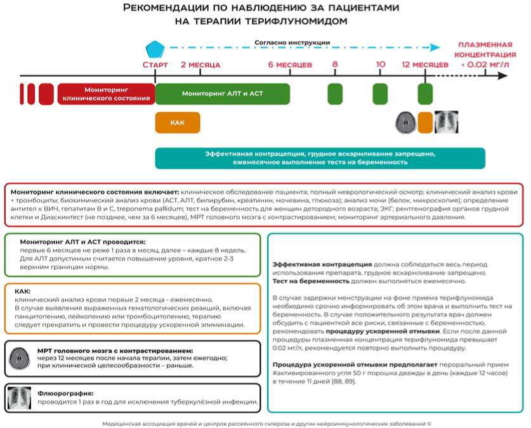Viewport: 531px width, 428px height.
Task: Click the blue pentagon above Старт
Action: [x=155, y=49]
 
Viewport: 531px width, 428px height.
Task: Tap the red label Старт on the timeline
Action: [x=155, y=65]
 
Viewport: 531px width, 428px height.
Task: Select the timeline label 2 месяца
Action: [x=200, y=65]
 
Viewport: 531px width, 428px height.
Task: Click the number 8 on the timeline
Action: [x=334, y=65]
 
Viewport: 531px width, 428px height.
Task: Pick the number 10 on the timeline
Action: [x=380, y=65]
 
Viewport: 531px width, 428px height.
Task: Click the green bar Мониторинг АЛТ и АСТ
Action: [x=223, y=93]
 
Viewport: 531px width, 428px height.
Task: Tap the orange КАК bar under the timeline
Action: [x=178, y=122]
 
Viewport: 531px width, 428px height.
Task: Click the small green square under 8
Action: [x=334, y=93]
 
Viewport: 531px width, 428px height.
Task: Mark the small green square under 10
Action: [x=380, y=93]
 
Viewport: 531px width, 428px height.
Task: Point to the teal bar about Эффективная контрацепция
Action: [x=320, y=158]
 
